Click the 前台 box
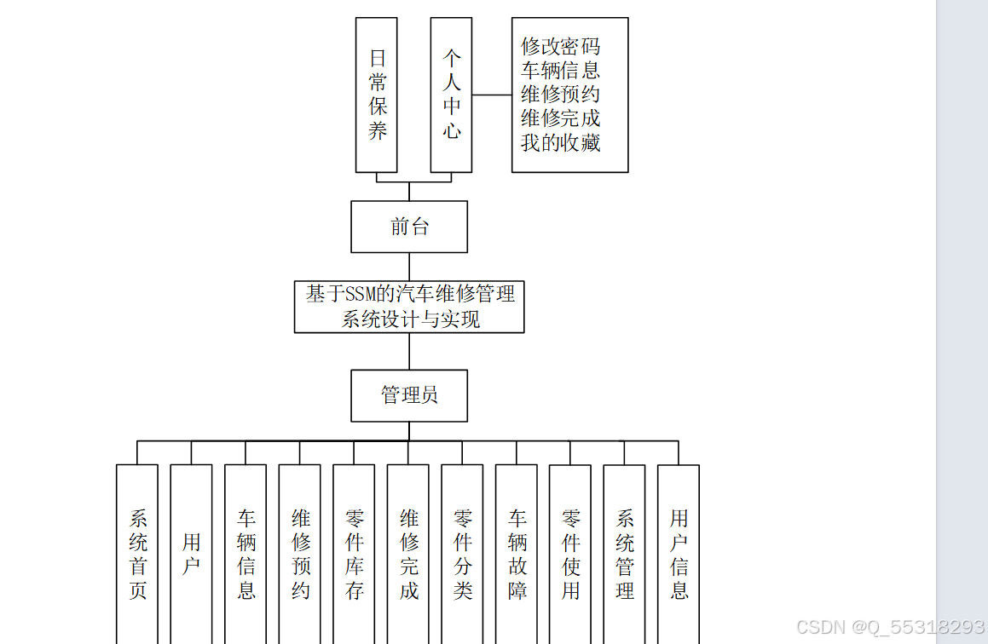pos(409,227)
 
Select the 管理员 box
pos(409,395)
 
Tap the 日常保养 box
pos(377,95)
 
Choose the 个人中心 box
pos(452,95)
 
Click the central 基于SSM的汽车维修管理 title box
pos(409,307)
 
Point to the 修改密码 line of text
pos(560,46)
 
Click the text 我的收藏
pos(560,142)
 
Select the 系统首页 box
pos(137,554)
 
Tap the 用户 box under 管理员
pos(192,554)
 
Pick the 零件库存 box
pos(355,554)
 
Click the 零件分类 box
pos(463,554)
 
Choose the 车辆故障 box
pos(517,554)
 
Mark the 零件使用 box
pos(570,554)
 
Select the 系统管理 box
pos(625,554)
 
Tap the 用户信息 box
pos(679,554)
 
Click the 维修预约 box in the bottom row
pos(300,554)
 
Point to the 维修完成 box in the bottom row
pos(408,554)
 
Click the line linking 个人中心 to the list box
pos(492,95)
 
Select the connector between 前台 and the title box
pos(409,267)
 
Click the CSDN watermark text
pos(890,628)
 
